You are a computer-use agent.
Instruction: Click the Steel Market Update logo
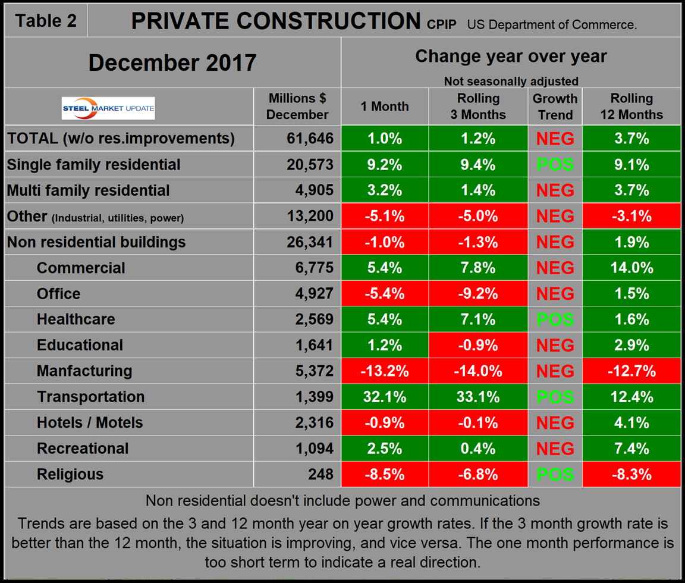click(108, 108)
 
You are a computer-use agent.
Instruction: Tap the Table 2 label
click(46, 20)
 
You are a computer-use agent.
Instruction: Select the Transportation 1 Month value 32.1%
click(385, 397)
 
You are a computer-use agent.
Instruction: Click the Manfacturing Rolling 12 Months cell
click(631, 371)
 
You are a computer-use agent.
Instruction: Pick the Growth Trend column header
click(555, 106)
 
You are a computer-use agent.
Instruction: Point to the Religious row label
click(70, 474)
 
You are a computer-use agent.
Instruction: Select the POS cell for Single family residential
click(555, 164)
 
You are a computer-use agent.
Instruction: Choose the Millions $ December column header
click(297, 106)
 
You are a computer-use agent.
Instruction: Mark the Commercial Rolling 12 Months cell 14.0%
click(631, 268)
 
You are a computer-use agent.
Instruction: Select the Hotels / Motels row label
click(90, 422)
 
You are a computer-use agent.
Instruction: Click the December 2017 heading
click(172, 62)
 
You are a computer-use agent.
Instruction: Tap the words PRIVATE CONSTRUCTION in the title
click(275, 21)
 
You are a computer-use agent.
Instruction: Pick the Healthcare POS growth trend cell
click(555, 319)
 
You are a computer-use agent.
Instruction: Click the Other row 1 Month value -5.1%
click(385, 216)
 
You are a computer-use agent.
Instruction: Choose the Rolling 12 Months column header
click(631, 106)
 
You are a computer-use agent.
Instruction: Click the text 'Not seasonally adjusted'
click(511, 81)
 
